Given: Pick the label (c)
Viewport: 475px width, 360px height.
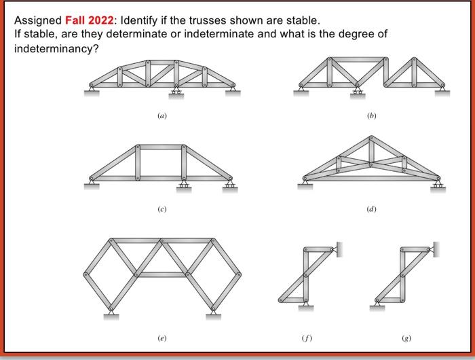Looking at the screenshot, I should click(161, 209).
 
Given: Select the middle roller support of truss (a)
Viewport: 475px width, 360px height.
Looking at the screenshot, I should click(178, 90).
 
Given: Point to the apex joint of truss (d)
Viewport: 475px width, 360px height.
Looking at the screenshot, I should click(370, 138).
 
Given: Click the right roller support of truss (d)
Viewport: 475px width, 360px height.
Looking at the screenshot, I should click(439, 184).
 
